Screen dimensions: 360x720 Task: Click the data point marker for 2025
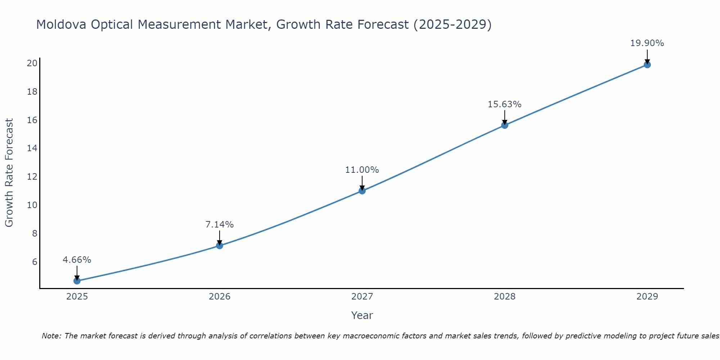click(x=77, y=281)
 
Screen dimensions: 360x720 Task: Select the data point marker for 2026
click(x=220, y=246)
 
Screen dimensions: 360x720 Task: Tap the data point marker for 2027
click(x=362, y=191)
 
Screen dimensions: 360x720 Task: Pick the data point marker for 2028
click(x=505, y=125)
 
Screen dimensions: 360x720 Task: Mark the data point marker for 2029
click(x=647, y=65)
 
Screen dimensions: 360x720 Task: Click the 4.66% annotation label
click(x=77, y=260)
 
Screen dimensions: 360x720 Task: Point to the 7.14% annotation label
click(x=220, y=225)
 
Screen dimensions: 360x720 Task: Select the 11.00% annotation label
click(x=362, y=170)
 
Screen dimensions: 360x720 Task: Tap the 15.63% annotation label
click(x=505, y=104)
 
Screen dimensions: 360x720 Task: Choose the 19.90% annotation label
click(x=647, y=43)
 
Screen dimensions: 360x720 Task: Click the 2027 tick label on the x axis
click(x=362, y=297)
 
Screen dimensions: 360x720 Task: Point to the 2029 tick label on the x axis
click(x=647, y=297)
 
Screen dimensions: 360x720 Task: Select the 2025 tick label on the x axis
click(x=77, y=297)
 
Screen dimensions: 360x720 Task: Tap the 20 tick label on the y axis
click(x=32, y=63)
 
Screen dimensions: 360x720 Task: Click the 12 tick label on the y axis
click(x=32, y=177)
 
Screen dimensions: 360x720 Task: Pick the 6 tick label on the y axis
click(x=35, y=262)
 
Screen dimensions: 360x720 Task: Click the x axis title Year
click(x=362, y=315)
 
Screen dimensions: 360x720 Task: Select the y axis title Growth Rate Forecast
click(x=9, y=173)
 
